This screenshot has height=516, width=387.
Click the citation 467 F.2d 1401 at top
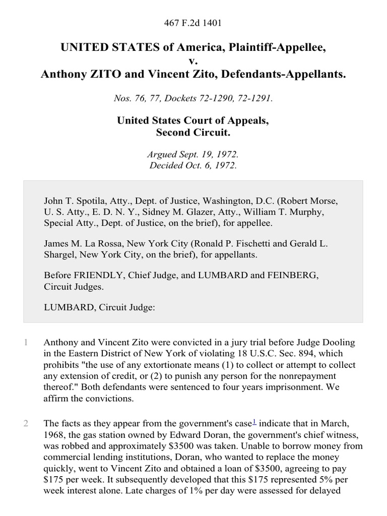(x=193, y=23)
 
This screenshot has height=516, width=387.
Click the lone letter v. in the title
(x=193, y=61)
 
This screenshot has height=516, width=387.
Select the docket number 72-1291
(x=256, y=99)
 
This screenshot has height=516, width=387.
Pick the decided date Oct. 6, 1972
(x=209, y=165)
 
